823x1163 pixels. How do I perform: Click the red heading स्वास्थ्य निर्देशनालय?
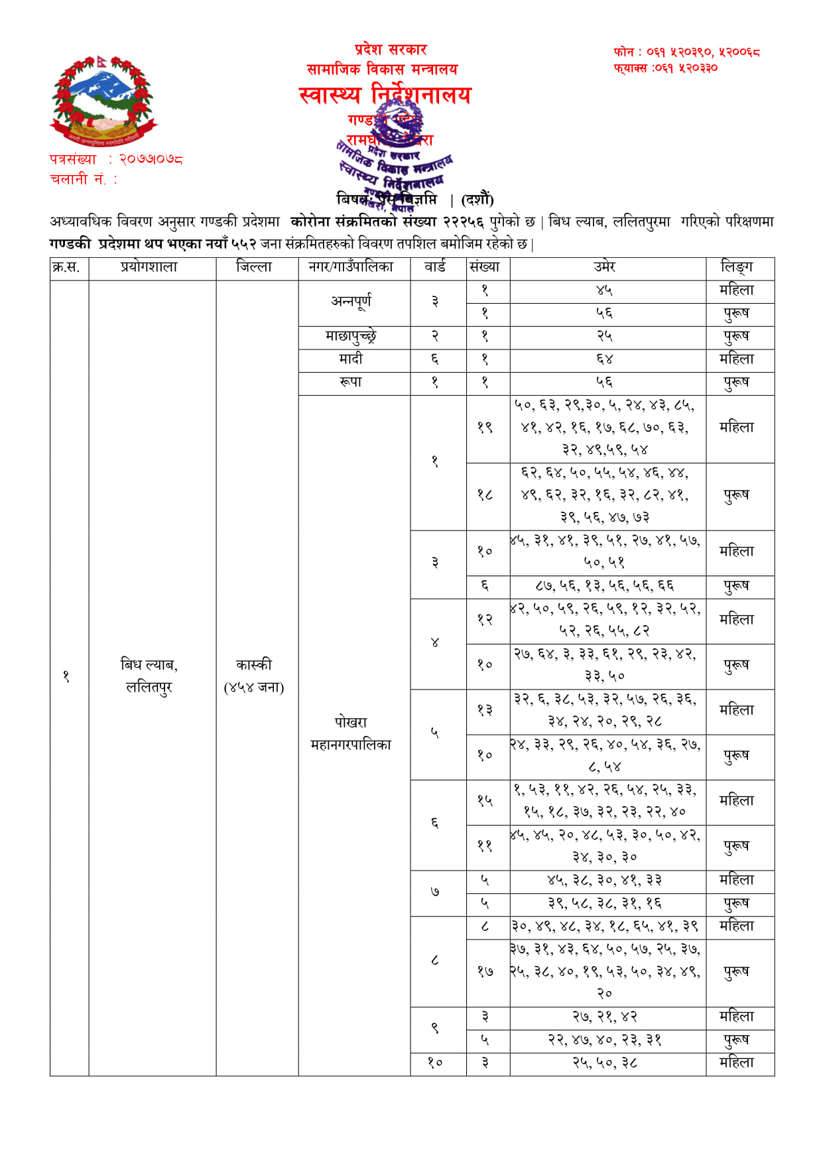[x=385, y=95]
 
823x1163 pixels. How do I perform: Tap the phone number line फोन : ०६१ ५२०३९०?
[x=686, y=52]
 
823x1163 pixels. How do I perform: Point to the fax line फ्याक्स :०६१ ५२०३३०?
[x=665, y=68]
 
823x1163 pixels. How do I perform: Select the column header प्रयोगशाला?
[x=149, y=267]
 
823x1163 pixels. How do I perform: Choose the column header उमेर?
[x=605, y=267]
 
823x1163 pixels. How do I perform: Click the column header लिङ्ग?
[x=737, y=267]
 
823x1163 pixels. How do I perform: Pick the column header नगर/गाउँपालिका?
[x=351, y=267]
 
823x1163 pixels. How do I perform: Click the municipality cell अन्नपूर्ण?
[x=351, y=301]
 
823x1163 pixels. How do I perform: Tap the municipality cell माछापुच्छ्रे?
[x=351, y=336]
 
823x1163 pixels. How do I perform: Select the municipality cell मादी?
[x=351, y=359]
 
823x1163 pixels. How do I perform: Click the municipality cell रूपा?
[x=351, y=382]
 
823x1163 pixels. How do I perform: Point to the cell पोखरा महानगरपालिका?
[x=351, y=733]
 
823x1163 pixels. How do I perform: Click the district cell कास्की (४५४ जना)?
[x=254, y=676]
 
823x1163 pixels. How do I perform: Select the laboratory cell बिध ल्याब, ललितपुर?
[x=149, y=676]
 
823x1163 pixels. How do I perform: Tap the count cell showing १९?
[x=485, y=428]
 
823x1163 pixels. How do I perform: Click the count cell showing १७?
[x=485, y=971]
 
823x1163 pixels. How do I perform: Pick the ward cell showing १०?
[x=435, y=1062]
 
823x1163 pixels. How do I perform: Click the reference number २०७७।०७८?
[x=151, y=159]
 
